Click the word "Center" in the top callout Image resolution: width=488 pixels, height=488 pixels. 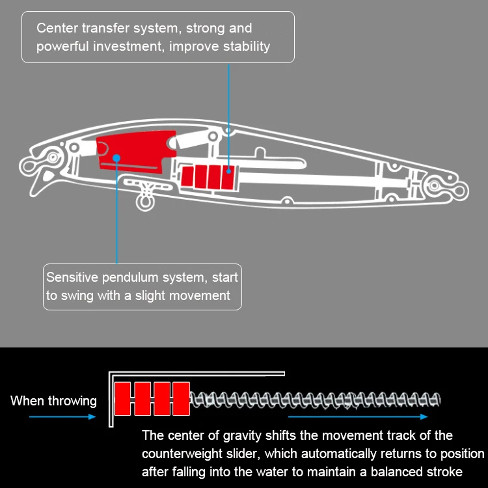point(55,28)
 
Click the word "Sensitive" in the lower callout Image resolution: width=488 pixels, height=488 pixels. point(70,277)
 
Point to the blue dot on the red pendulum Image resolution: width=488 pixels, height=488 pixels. point(116,157)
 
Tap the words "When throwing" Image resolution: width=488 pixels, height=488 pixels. point(53,401)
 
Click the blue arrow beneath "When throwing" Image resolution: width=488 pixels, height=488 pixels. point(53,417)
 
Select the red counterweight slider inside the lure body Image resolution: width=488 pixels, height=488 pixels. point(208,176)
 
